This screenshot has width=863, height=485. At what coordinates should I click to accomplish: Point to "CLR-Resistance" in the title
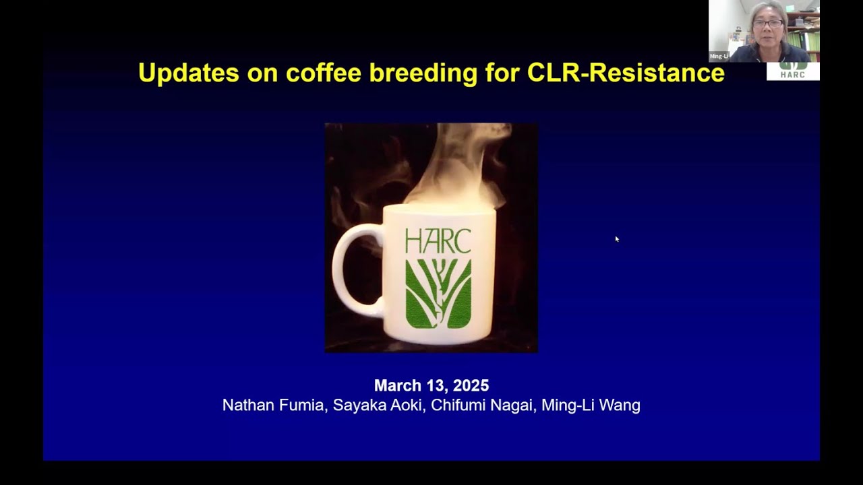click(626, 73)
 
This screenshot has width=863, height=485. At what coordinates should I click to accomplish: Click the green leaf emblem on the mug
click(438, 293)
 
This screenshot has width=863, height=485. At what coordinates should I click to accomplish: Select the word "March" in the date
click(398, 386)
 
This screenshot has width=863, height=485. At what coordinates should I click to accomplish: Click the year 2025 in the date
click(471, 386)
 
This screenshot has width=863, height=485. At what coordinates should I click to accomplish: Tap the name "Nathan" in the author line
click(247, 406)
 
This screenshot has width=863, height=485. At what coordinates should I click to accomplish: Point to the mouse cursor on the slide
click(616, 238)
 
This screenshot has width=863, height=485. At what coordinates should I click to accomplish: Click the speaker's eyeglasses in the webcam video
click(768, 24)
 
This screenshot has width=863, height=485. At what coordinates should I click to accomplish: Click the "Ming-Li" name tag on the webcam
click(719, 57)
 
